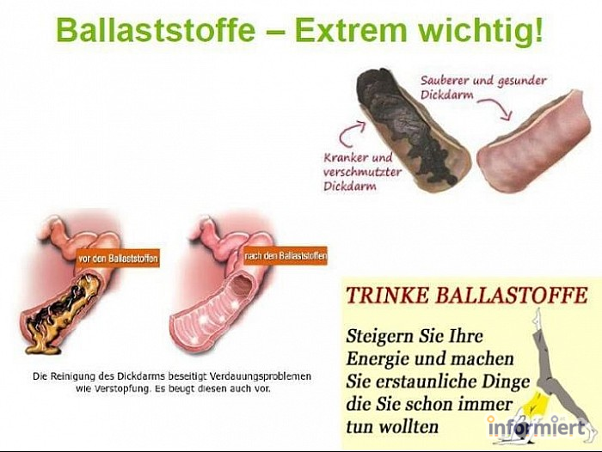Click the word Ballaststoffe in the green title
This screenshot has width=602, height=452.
click(x=156, y=30)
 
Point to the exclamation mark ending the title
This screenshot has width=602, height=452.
click(x=538, y=29)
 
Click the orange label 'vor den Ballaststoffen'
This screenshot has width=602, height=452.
click(x=118, y=259)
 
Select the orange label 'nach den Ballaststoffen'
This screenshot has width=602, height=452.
click(x=286, y=255)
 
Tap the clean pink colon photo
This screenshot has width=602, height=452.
click(x=534, y=142)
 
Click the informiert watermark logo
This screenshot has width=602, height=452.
click(x=538, y=427)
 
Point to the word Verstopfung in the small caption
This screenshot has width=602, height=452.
click(x=120, y=388)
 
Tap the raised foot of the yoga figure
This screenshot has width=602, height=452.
click(x=539, y=314)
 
